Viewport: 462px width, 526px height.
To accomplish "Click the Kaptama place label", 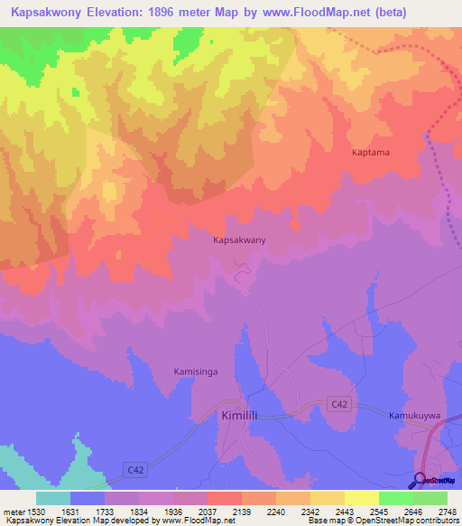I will [370, 153].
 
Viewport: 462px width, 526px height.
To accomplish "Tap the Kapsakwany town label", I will [239, 241].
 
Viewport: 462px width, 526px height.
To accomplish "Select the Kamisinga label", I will [196, 371].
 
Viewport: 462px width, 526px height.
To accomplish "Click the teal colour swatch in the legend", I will [52, 497].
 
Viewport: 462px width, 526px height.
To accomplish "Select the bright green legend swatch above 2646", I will [395, 497].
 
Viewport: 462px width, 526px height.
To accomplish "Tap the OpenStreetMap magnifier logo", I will [420, 480].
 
